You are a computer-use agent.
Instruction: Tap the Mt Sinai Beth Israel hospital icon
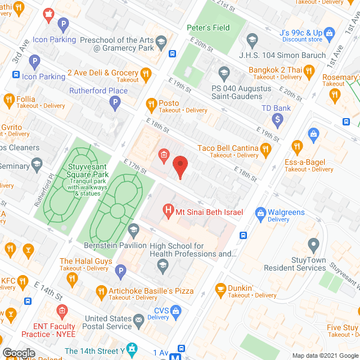tap(167, 211)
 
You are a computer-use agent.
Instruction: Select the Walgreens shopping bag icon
tap(260, 213)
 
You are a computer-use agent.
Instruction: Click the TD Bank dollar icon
tap(277, 119)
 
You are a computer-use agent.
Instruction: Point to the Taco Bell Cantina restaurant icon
tap(266, 148)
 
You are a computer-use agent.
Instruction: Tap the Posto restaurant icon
tap(151, 103)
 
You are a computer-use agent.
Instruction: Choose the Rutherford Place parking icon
tap(115, 102)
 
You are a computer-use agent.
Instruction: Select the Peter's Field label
tap(209, 28)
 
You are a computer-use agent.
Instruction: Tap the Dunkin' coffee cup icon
tap(220, 289)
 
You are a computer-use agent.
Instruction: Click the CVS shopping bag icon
tap(175, 310)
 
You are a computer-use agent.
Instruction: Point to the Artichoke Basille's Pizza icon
tap(101, 291)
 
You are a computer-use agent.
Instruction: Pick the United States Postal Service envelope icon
tap(138, 322)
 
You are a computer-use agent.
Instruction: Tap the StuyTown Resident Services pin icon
tap(313, 245)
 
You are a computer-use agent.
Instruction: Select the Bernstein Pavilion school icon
tap(133, 229)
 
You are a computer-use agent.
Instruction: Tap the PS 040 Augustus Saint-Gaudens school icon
tap(224, 73)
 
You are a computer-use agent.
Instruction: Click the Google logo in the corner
tap(19, 353)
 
